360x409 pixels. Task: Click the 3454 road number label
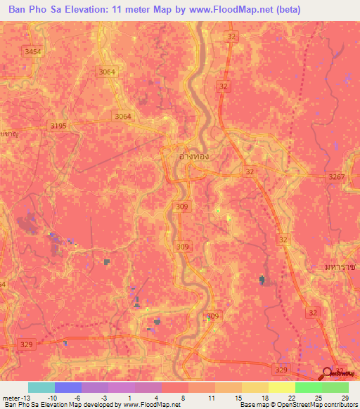pos(33,52)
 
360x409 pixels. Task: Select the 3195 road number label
pos(59,125)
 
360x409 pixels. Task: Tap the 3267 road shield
pos(336,178)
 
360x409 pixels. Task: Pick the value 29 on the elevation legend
pos(345,397)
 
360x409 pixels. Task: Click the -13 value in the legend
pos(21,397)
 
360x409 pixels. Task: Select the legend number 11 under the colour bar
pos(211,397)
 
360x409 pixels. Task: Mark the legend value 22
pos(291,397)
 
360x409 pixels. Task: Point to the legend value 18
pos(264,397)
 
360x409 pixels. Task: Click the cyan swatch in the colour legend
pos(41,387)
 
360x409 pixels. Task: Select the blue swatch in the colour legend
pos(67,387)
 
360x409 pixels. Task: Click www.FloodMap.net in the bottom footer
pos(152,404)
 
